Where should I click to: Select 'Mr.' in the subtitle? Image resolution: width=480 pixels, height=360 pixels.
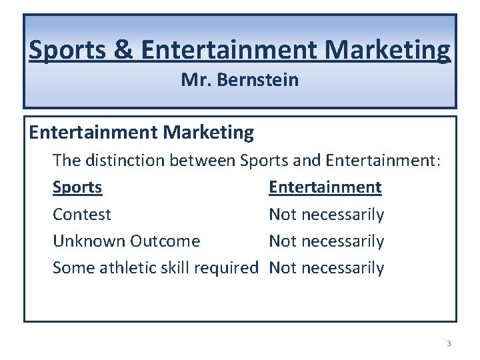tap(193, 81)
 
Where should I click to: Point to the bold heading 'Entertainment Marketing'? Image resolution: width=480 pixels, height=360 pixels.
tap(141, 133)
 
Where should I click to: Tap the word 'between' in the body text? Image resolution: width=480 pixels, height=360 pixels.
tap(203, 160)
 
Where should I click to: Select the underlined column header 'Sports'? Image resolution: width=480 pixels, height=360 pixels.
tap(77, 187)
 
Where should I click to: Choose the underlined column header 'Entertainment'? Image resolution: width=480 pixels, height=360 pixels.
tap(325, 187)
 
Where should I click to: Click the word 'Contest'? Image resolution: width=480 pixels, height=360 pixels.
tap(82, 215)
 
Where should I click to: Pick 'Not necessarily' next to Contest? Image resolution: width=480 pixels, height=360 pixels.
tap(326, 215)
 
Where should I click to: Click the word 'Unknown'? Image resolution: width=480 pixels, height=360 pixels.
tap(89, 241)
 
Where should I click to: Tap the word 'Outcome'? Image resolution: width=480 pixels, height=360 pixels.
tap(165, 241)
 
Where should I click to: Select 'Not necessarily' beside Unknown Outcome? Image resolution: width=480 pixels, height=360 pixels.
tap(326, 241)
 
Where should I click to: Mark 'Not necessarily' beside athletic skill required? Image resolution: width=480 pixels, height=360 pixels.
tap(326, 268)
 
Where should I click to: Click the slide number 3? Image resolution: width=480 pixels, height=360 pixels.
tap(449, 343)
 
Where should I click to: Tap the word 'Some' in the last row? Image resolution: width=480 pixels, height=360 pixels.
tap(73, 268)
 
